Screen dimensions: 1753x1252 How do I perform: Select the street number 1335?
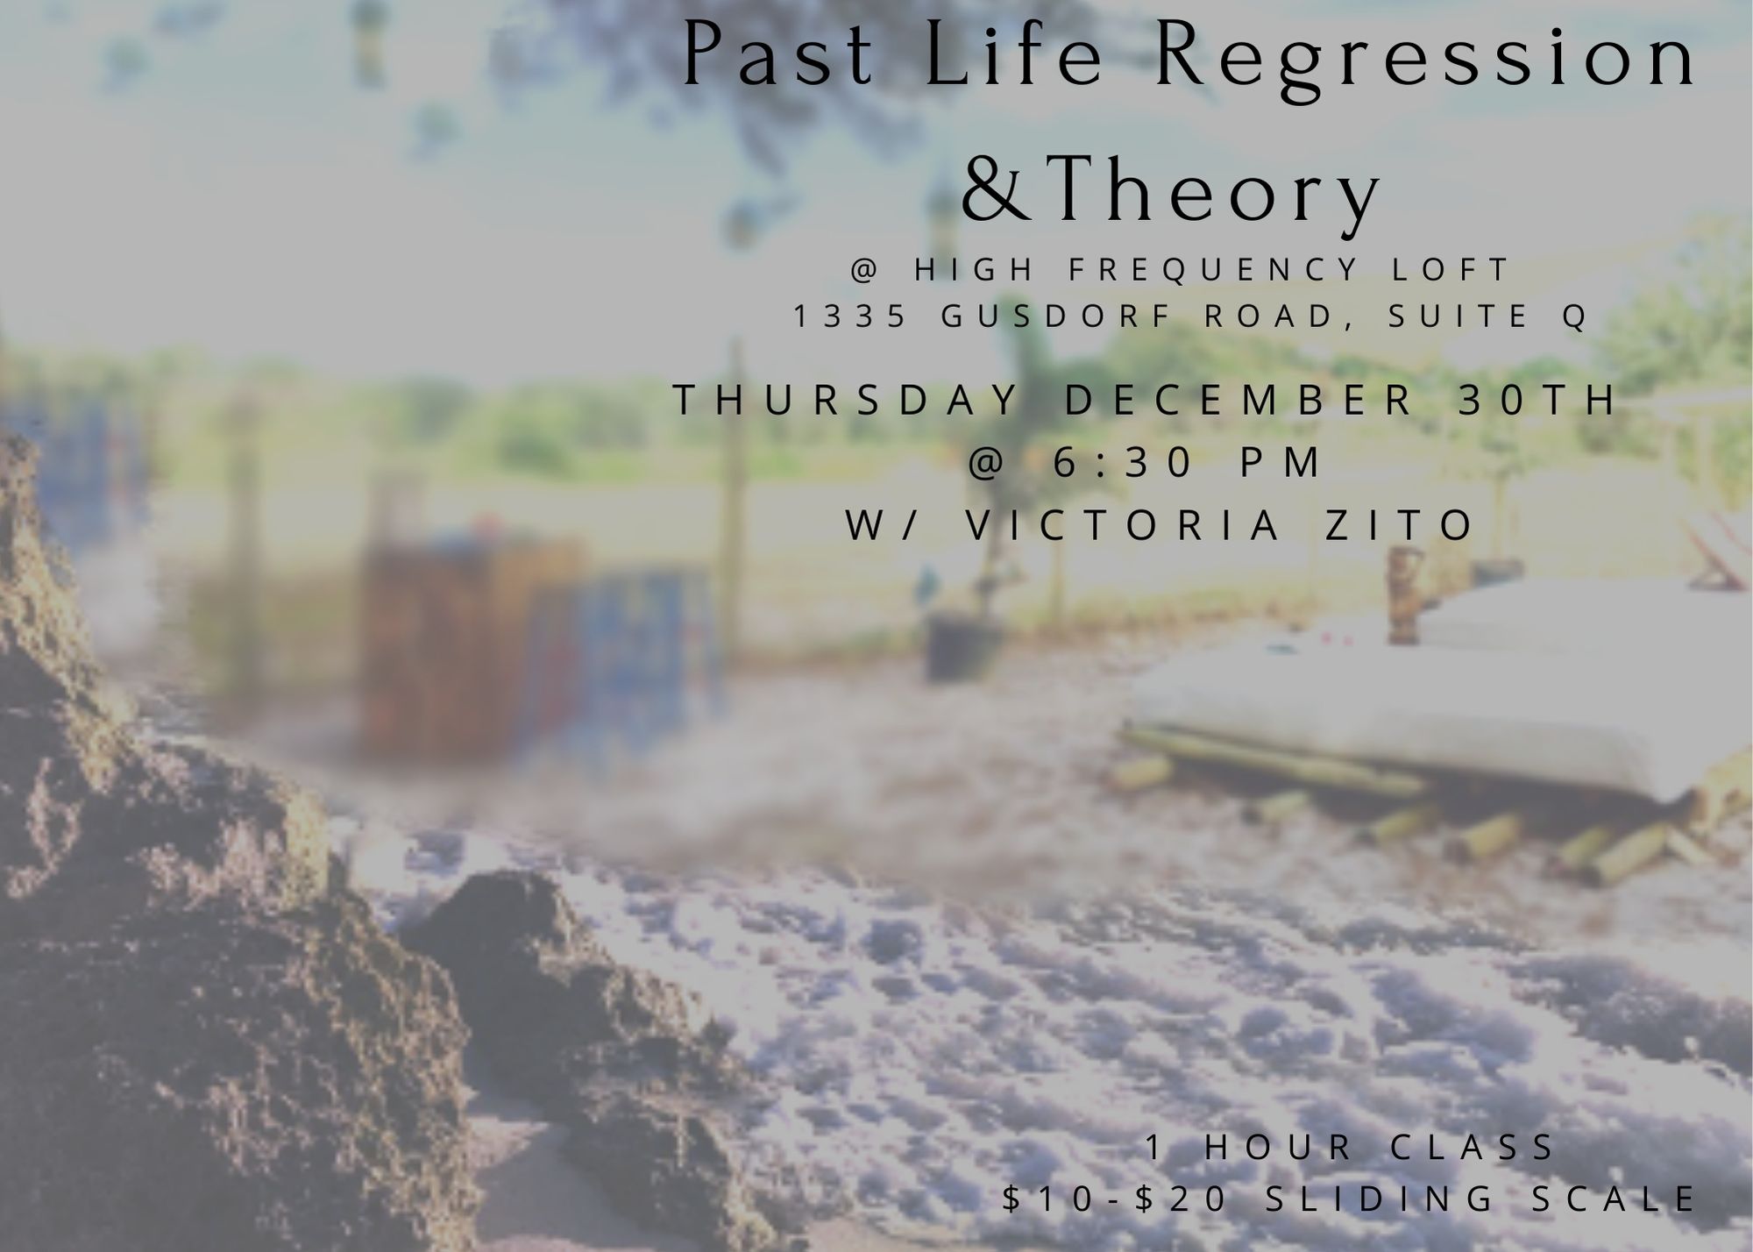coord(849,316)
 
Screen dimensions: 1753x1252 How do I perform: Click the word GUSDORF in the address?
coord(1056,316)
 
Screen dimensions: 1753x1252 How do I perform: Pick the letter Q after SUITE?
coord(1574,317)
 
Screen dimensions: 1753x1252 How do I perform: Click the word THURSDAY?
coord(847,400)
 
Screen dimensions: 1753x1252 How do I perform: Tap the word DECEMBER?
coord(1239,400)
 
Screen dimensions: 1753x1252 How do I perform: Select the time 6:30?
coord(1124,462)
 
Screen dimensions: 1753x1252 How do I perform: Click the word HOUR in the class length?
coord(1279,1147)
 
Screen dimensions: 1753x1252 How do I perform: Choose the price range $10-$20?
coord(1116,1199)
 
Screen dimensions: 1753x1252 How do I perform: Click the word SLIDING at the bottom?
coord(1380,1199)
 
